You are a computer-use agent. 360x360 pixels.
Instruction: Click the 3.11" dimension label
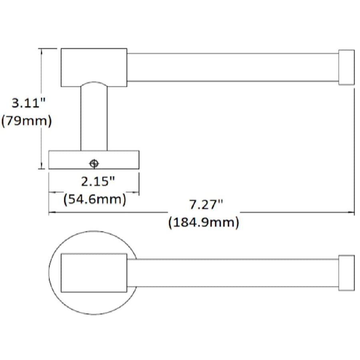pos(28,103)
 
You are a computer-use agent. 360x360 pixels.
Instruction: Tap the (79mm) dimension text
pos(27,121)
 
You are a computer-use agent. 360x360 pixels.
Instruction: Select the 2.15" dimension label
pos(98,181)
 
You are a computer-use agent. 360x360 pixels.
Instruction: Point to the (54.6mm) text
pos(95,199)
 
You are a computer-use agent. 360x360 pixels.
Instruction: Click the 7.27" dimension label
pos(206,204)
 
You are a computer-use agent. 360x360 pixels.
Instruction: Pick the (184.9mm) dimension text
pos(204,222)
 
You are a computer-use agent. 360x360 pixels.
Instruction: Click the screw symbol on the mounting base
pos(94,164)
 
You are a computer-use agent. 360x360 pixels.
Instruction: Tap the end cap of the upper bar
pos(346,68)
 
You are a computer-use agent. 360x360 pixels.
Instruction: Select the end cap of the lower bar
pos(346,273)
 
